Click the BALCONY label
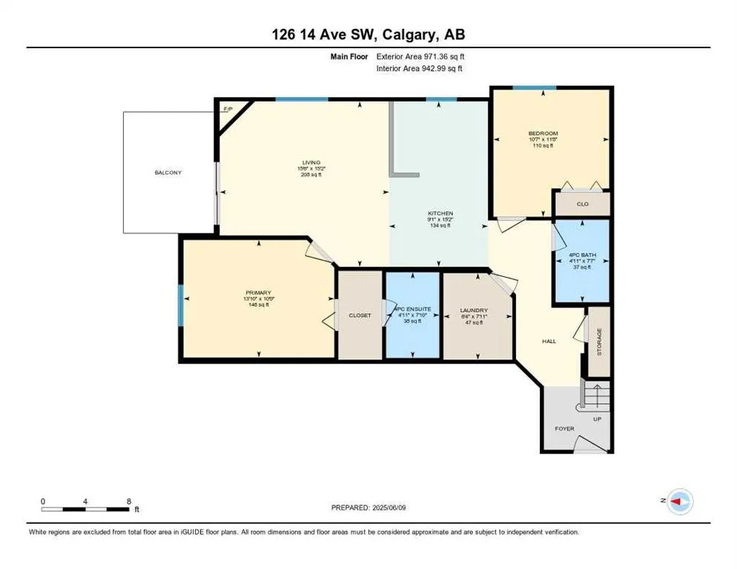click(168, 173)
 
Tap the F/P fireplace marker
click(227, 109)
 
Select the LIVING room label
click(310, 162)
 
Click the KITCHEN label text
click(440, 213)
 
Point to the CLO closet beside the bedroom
click(582, 203)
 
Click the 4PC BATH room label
click(581, 255)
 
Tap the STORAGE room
click(600, 341)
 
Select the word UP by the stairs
click(597, 419)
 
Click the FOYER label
click(564, 428)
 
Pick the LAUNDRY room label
click(472, 310)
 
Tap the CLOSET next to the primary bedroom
click(360, 315)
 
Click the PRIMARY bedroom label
click(257, 293)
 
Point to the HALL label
click(549, 341)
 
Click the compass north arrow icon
click(678, 502)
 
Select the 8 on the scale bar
click(129, 501)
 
